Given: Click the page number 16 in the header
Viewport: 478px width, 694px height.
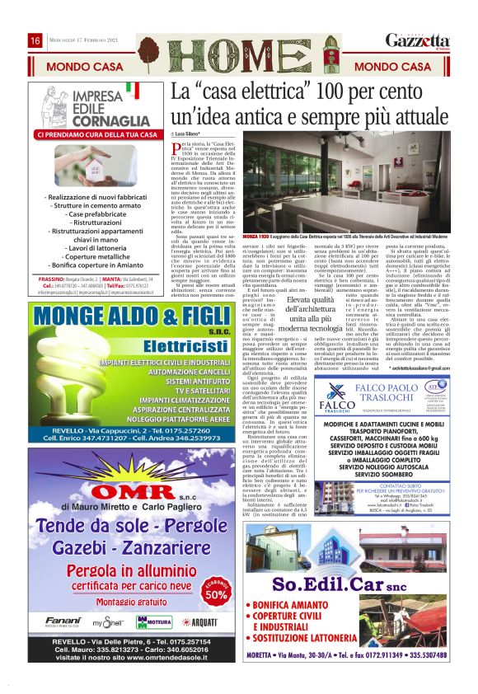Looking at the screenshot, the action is [x=35, y=41].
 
